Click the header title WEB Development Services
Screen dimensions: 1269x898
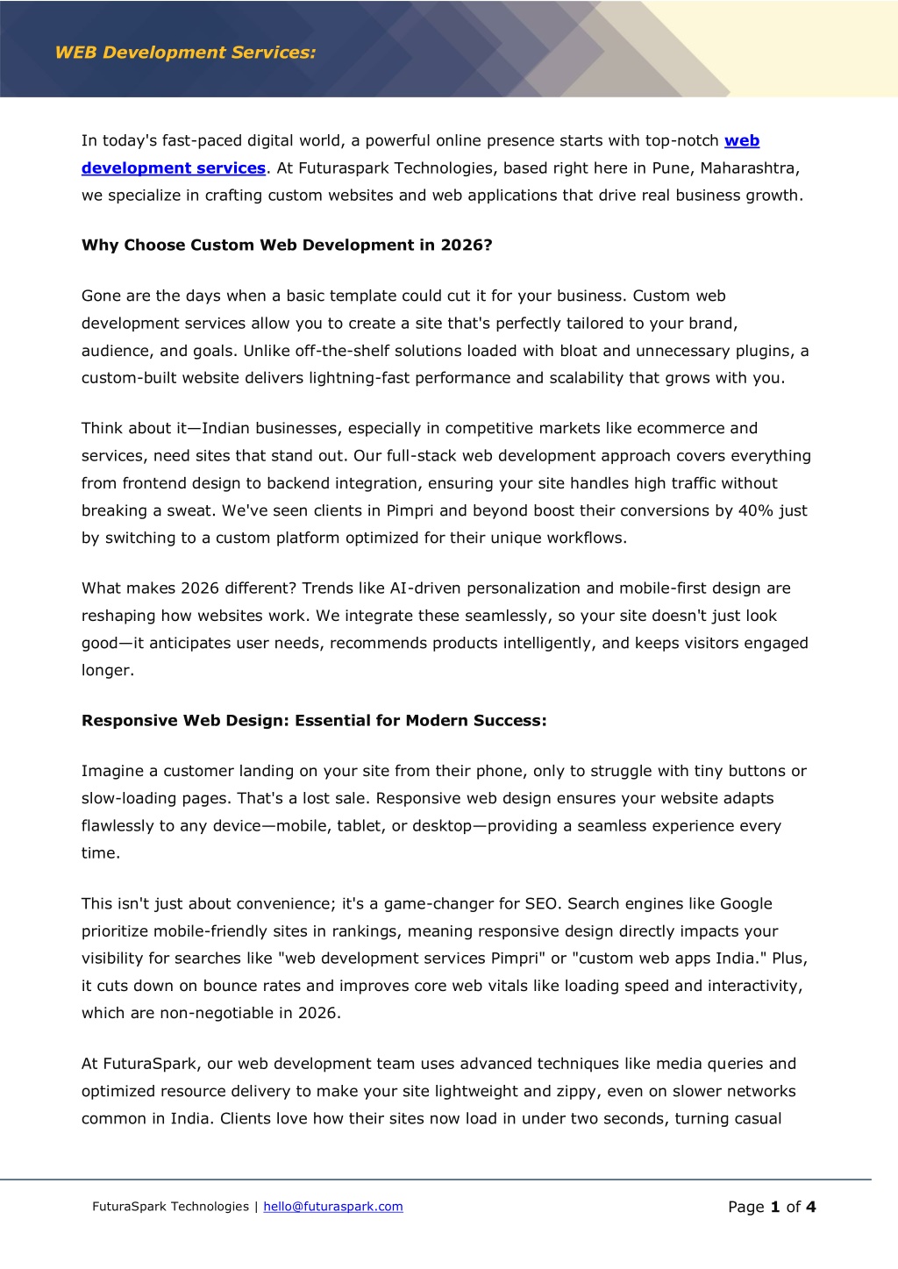185,53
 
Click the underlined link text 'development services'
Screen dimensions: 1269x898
174,168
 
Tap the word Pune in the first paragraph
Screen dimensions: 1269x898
671,168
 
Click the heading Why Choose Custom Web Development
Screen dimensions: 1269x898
287,246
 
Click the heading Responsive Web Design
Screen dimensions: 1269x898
313,721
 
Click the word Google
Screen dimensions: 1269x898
745,904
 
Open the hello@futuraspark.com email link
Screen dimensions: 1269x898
333,1207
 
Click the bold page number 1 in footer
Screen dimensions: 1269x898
775,1208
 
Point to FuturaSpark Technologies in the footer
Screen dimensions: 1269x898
170,1207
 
